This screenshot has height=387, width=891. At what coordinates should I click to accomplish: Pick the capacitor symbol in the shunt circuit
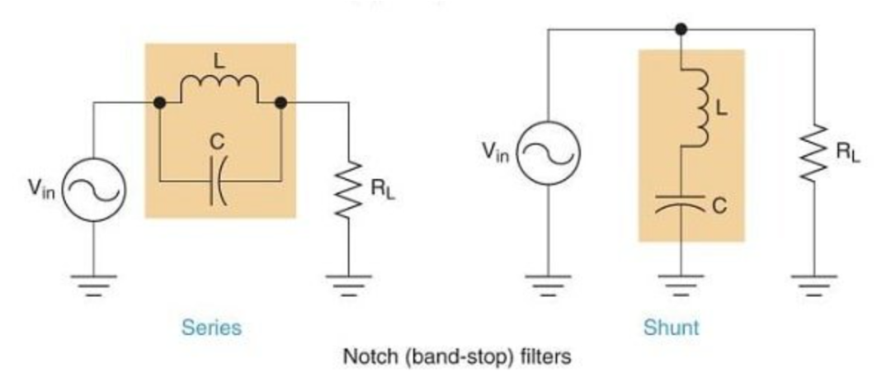[x=681, y=203]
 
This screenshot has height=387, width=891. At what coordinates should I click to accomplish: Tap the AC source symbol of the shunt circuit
[x=549, y=153]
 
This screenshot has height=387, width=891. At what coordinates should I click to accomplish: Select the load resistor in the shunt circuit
[x=813, y=153]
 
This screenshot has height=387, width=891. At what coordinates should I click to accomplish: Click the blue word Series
[x=213, y=328]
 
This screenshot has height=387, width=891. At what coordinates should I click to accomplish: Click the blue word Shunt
[x=671, y=328]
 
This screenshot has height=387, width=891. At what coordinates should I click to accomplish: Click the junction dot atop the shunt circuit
[x=681, y=30]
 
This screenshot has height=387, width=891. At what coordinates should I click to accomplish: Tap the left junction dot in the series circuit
[x=160, y=103]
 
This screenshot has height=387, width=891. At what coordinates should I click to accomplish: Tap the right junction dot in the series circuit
[x=280, y=103]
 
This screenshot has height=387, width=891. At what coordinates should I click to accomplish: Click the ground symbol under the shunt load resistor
[x=813, y=283]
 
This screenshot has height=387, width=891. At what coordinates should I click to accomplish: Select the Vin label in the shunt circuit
[x=497, y=152]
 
